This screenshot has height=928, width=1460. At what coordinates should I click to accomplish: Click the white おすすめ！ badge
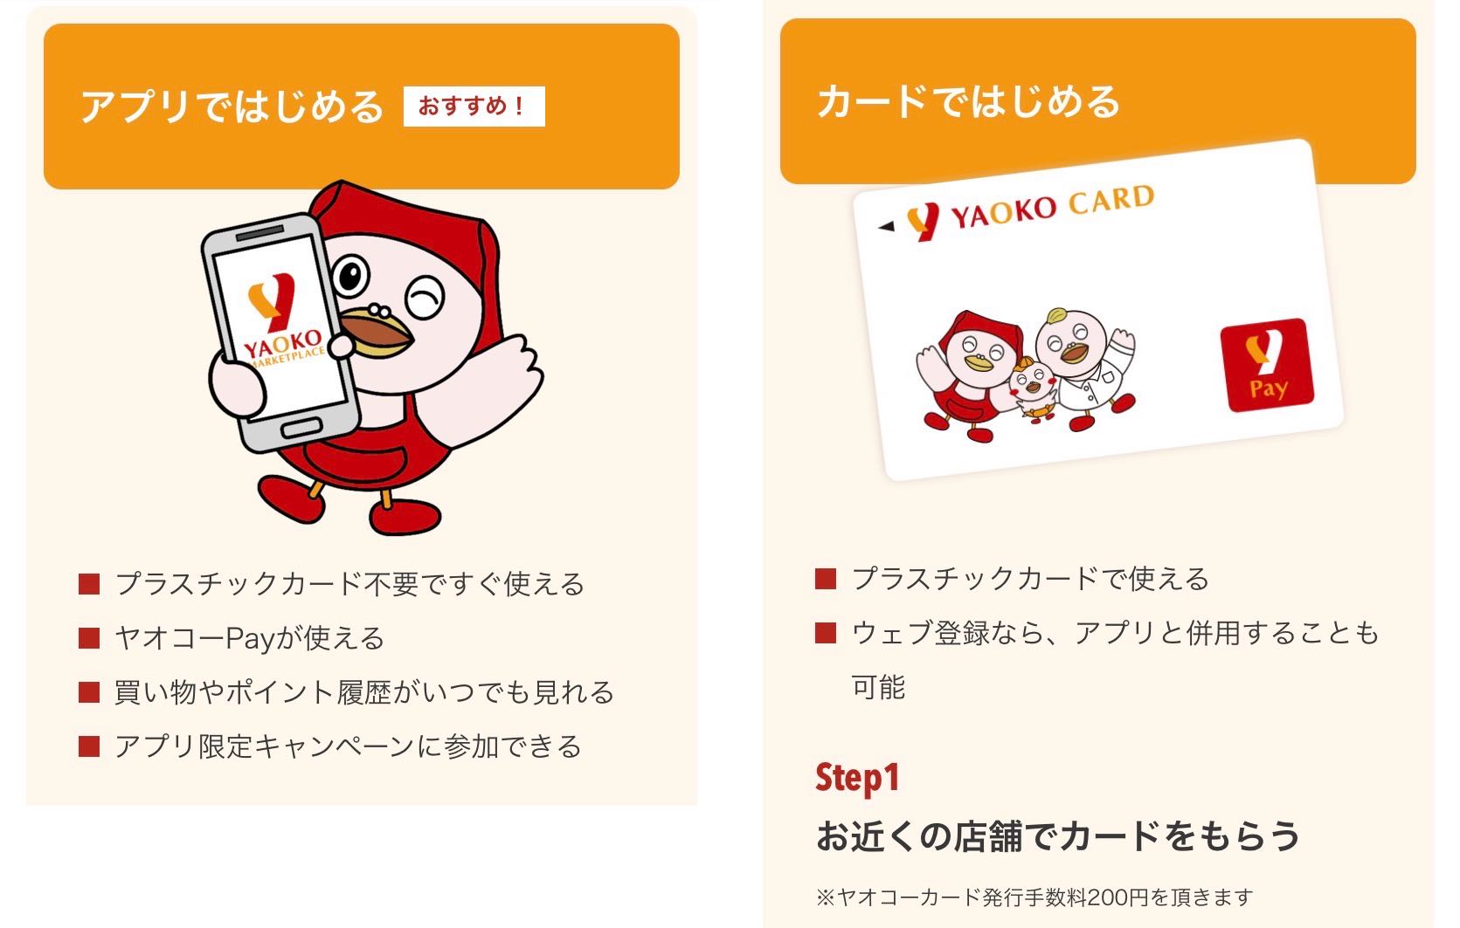coord(474,107)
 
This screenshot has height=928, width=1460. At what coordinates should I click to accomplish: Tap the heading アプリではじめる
coord(232,107)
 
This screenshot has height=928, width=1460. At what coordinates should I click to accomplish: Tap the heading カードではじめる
coord(969,101)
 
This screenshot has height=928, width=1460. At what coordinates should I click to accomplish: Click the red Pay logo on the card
coord(1267,365)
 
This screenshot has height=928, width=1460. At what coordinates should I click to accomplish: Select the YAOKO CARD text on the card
coord(1053,206)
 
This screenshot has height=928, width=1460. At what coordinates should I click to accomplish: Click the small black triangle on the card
coord(886,226)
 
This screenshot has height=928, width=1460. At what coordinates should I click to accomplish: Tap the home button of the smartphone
coord(301,429)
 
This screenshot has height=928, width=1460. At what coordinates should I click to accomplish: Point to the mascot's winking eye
coord(425,298)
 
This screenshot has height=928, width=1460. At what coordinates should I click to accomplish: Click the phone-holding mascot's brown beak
coord(376,332)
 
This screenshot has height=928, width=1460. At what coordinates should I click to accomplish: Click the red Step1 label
coord(857,778)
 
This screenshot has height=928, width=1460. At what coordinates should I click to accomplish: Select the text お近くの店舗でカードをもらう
coord(1058,836)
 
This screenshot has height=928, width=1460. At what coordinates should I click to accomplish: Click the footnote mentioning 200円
coord(1034,897)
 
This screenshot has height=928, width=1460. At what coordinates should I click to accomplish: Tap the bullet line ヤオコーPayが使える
coord(250,638)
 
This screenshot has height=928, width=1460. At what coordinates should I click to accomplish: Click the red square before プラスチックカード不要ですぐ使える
coord(89,584)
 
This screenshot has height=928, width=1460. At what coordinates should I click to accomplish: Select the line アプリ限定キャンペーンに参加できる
coord(348,746)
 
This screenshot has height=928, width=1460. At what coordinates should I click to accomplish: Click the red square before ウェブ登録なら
coord(826,633)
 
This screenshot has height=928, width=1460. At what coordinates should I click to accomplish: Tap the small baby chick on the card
coord(1033,388)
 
